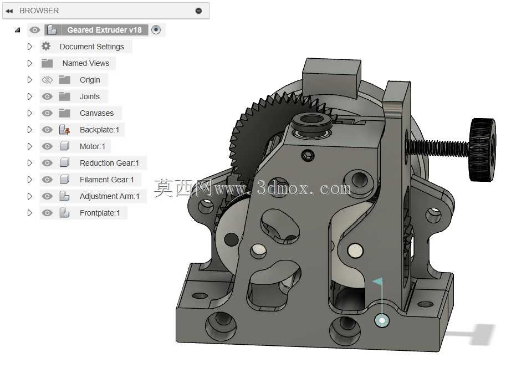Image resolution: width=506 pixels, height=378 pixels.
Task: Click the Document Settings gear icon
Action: point(46,47)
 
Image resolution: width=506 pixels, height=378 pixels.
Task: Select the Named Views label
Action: point(86,63)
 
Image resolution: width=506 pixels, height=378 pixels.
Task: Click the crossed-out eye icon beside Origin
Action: point(47,80)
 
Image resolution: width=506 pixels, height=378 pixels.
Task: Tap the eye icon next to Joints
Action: point(47,96)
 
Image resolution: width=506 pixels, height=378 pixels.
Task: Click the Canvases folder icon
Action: point(64,113)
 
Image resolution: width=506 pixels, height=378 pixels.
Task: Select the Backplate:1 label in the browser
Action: point(99,130)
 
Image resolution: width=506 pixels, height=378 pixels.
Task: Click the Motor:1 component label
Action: point(93,146)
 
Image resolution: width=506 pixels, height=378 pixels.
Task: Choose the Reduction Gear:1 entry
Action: point(109,163)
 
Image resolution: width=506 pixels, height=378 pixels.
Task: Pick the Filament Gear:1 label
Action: point(106,180)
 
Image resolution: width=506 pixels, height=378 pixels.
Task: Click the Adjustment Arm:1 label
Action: point(109,196)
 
